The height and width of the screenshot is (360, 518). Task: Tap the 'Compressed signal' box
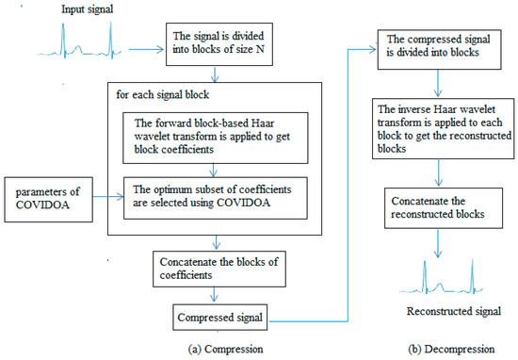tap(218, 314)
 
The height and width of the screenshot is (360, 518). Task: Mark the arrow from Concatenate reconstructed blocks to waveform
tap(435, 243)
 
